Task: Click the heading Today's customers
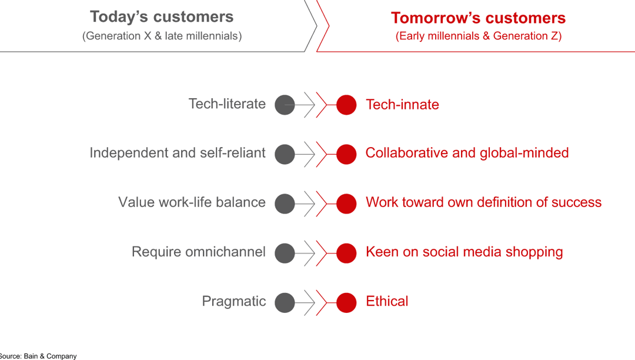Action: (162, 17)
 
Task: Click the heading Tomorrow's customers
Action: (478, 18)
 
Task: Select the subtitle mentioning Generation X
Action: (162, 36)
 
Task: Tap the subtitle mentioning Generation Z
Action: (479, 36)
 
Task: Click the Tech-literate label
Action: (227, 104)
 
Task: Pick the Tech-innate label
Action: (402, 105)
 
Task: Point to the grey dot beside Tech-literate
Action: (285, 105)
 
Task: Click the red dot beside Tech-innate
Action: (346, 105)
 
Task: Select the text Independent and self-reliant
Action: (178, 153)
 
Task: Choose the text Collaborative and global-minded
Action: (467, 153)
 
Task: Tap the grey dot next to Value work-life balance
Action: (285, 204)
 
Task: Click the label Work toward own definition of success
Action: (483, 202)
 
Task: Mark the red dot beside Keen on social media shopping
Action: (346, 253)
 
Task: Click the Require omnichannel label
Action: (199, 252)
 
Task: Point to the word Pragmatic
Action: (233, 301)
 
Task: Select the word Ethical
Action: (387, 301)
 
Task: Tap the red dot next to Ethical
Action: (346, 302)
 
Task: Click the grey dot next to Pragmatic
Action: (285, 302)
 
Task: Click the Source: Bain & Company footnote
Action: (38, 356)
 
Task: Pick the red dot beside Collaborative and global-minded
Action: (346, 154)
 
